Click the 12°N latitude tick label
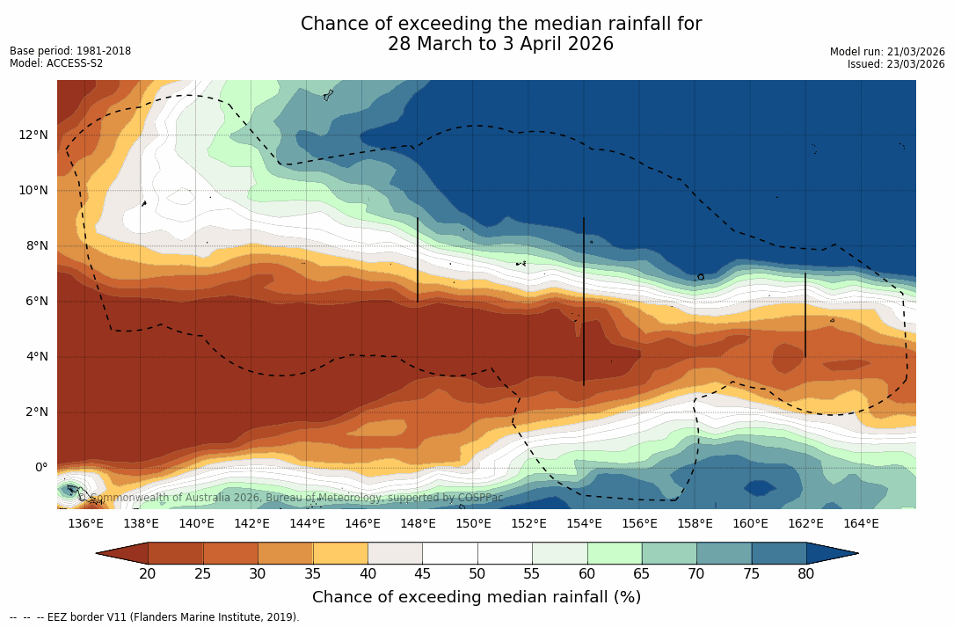point(33,135)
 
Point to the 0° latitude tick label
point(40,467)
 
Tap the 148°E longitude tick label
point(418,523)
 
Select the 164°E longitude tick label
point(861,523)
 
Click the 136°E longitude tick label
point(85,523)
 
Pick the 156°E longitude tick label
point(639,523)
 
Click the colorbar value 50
point(477,574)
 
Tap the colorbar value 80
point(806,574)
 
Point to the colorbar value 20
point(148,574)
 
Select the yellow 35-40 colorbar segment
point(340,553)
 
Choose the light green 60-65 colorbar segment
point(615,553)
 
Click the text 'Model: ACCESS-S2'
point(56,63)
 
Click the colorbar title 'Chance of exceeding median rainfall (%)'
point(477,597)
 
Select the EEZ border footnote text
point(155,617)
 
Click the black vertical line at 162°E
point(805,315)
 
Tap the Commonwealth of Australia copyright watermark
point(291,498)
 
